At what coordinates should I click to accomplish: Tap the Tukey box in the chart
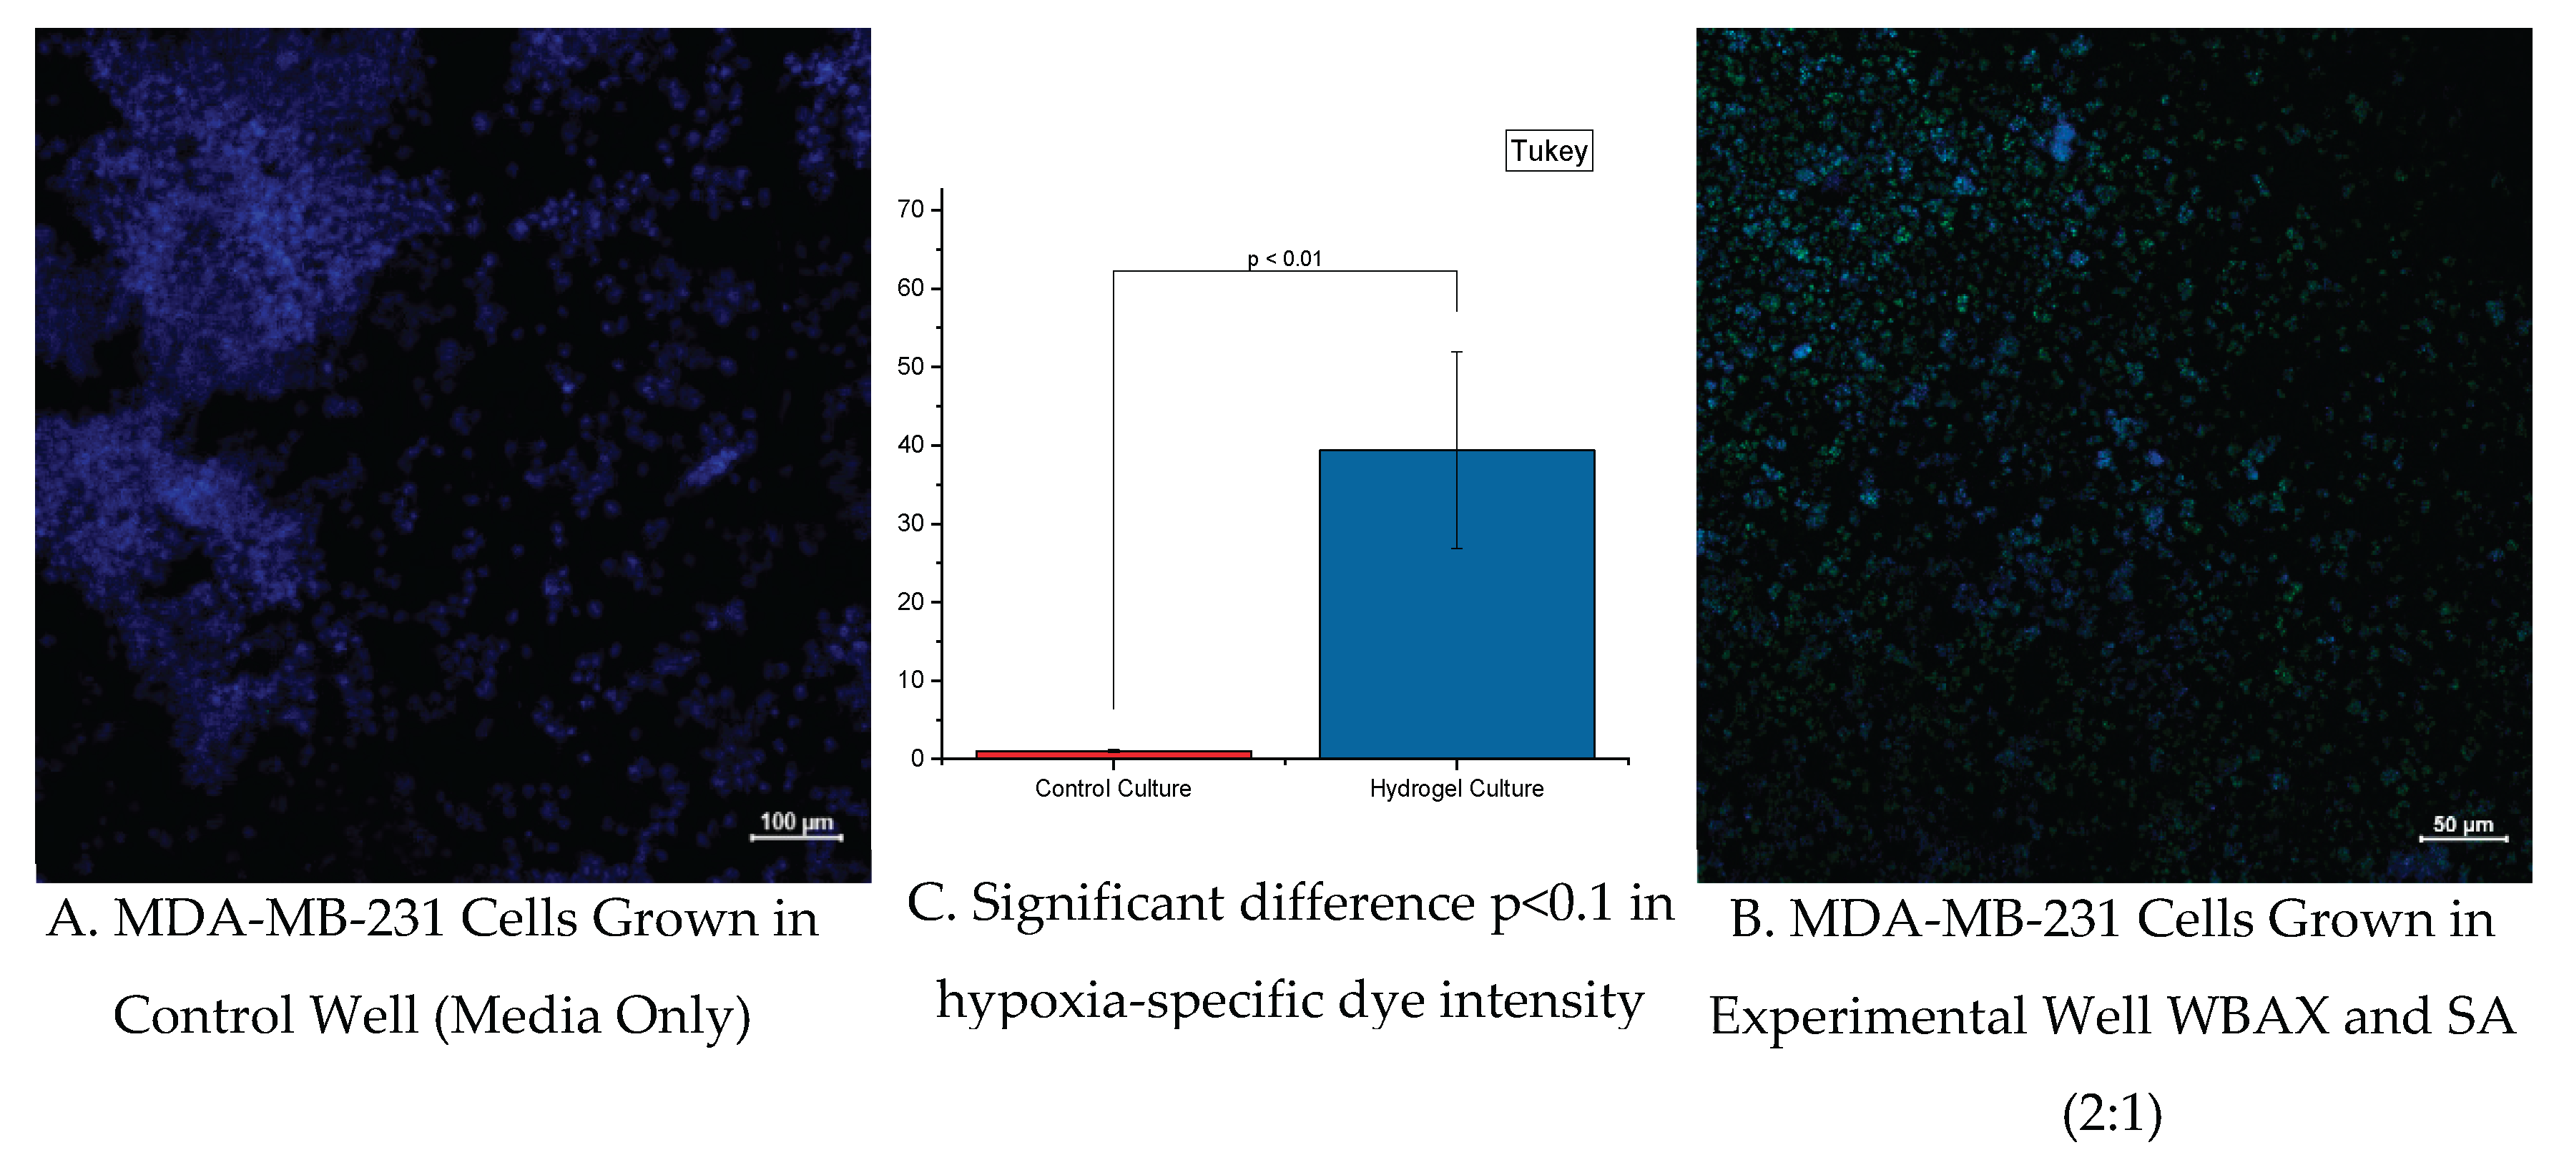pyautogui.click(x=1548, y=151)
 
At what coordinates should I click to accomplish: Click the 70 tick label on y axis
pyautogui.click(x=910, y=210)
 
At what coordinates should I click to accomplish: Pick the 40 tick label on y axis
pyautogui.click(x=910, y=445)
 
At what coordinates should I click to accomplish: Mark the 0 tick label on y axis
pyautogui.click(x=917, y=759)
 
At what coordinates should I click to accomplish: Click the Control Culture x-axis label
pyautogui.click(x=1112, y=788)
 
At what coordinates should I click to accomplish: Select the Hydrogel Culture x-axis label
pyautogui.click(x=1455, y=788)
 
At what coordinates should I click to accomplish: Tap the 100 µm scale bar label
pyautogui.click(x=795, y=822)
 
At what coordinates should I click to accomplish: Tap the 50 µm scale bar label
pyautogui.click(x=2462, y=825)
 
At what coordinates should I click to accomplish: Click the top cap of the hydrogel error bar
pyautogui.click(x=1456, y=352)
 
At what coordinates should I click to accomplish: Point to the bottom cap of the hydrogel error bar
pyautogui.click(x=1456, y=549)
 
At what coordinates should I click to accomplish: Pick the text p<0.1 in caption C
pyautogui.click(x=1551, y=903)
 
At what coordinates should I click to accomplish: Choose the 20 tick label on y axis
pyautogui.click(x=910, y=601)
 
